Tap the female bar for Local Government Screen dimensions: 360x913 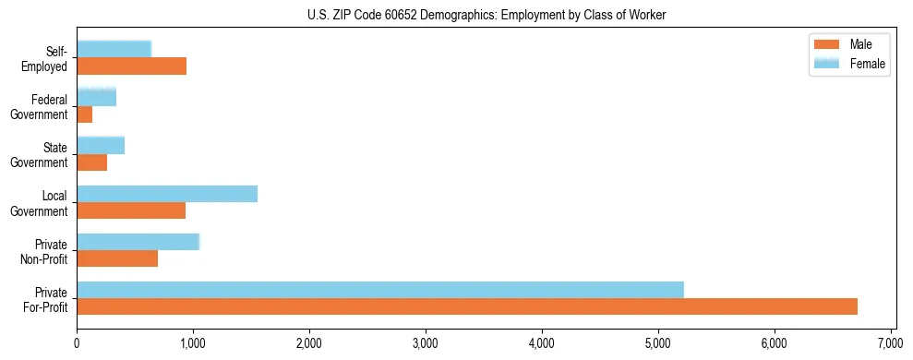point(167,194)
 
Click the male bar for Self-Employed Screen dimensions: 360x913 point(131,66)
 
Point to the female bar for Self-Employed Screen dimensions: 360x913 point(114,49)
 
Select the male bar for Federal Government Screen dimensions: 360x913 point(85,114)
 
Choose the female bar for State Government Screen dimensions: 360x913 point(101,145)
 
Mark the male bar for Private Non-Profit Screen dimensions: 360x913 point(117,258)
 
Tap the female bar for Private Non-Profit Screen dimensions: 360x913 point(138,242)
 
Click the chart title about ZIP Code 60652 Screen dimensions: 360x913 point(486,15)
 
